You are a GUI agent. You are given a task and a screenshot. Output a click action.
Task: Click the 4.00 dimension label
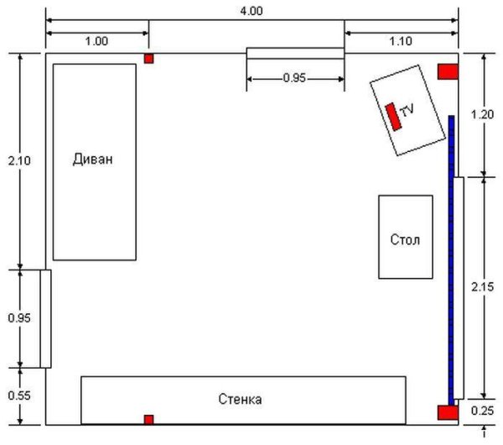pos(251,11)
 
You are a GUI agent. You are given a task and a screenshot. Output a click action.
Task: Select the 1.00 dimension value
pos(96,41)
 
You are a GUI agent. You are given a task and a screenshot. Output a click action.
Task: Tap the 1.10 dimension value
pos(401,41)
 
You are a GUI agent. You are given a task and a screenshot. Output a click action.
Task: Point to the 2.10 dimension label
pos(19,160)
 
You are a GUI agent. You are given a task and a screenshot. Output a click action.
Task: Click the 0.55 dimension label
pos(19,395)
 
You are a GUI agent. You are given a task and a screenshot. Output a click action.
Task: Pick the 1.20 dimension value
pos(482,114)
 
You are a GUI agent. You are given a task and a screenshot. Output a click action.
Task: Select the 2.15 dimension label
pos(482,286)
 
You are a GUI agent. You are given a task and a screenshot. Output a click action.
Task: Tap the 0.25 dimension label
pos(482,411)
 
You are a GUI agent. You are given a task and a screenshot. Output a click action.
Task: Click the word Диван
pos(93,160)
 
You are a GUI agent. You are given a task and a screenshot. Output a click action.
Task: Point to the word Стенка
pos(240,400)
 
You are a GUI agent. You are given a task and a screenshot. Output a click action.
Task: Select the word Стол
pos(405,239)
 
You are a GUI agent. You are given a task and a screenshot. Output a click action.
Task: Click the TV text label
pos(407,110)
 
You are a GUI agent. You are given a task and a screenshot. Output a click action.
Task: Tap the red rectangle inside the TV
pos(394,117)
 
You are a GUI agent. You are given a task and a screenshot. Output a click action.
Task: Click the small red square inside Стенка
pos(148,420)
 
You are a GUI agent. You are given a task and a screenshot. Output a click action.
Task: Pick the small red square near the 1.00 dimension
pos(148,59)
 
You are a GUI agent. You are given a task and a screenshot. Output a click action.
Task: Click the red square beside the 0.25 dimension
pos(448,412)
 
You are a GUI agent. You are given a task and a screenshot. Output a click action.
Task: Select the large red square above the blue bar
pos(448,71)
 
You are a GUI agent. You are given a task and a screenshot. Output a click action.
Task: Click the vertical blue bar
pos(451,260)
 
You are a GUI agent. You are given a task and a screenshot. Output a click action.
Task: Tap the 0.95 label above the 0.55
pos(19,318)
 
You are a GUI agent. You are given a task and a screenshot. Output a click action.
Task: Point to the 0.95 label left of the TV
pos(295,78)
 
